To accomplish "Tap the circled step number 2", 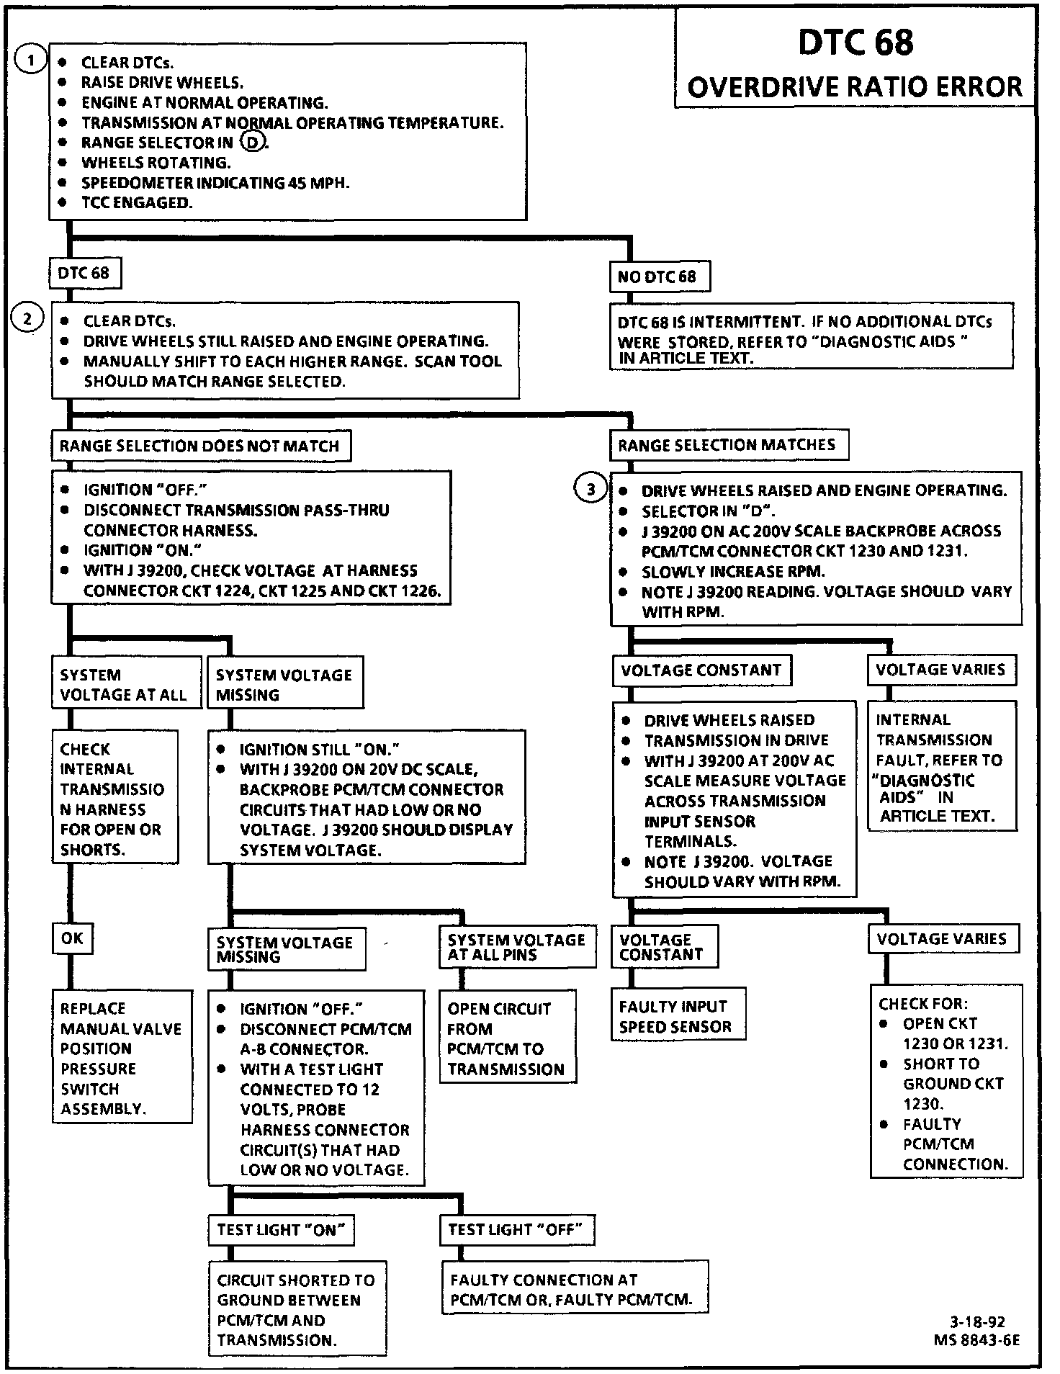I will point(27,318).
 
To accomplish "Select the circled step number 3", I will point(590,490).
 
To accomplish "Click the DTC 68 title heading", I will point(855,42).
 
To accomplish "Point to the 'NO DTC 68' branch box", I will point(658,277).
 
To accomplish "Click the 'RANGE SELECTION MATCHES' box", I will point(727,445).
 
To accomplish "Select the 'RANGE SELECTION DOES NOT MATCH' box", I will point(199,446).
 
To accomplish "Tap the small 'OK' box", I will point(72,938).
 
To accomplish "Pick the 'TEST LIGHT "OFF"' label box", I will point(516,1229).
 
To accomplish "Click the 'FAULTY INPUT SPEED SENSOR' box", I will point(678,1017).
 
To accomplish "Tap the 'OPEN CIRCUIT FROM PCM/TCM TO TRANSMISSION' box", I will point(507,1038).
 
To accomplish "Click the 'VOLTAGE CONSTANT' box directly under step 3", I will point(701,670).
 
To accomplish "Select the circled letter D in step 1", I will point(252,143).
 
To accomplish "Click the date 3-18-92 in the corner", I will point(977,1321).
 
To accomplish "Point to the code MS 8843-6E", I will point(976,1340).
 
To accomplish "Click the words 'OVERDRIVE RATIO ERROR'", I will point(855,87).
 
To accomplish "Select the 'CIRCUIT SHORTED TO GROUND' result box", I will point(297,1310).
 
